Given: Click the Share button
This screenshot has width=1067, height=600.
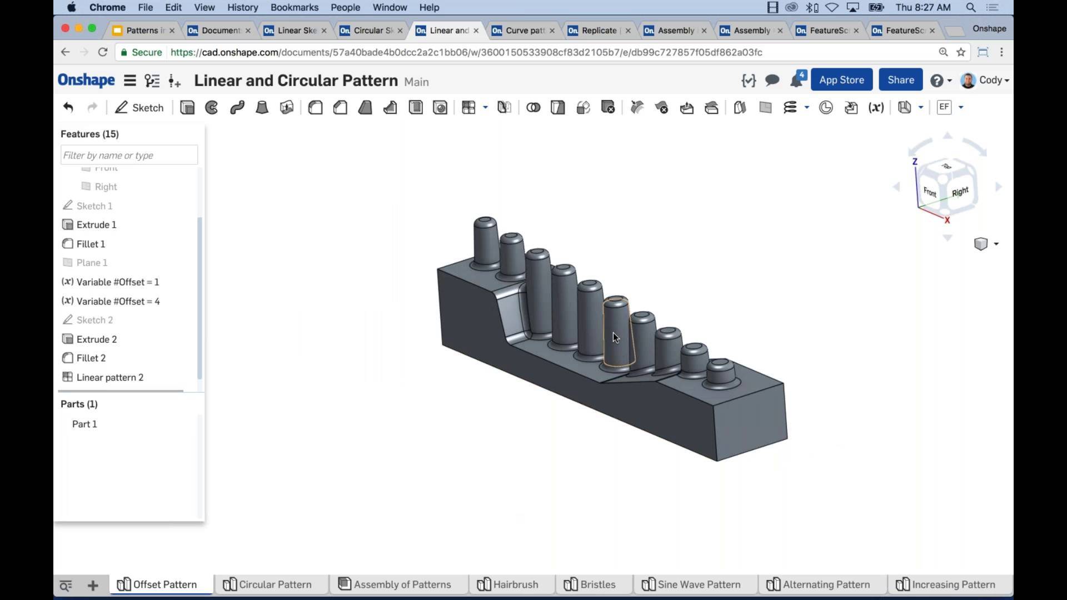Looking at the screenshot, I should pyautogui.click(x=900, y=80).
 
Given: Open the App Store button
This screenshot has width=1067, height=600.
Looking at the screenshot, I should pyautogui.click(x=841, y=80).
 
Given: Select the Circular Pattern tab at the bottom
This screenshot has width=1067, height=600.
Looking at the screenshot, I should pyautogui.click(x=268, y=584).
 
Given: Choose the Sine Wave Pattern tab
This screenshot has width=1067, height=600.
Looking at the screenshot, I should pyautogui.click(x=692, y=584).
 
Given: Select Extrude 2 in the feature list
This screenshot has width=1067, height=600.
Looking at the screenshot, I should pyautogui.click(x=96, y=339).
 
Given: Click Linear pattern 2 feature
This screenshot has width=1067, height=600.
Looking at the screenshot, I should pyautogui.click(x=109, y=377).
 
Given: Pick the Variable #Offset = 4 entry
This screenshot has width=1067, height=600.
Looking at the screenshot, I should pyautogui.click(x=118, y=301).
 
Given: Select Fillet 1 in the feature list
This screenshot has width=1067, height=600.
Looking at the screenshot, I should pyautogui.click(x=91, y=244).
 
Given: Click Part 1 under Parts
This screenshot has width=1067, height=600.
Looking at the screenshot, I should pyautogui.click(x=84, y=424).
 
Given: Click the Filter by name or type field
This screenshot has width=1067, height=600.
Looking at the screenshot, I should pyautogui.click(x=129, y=155).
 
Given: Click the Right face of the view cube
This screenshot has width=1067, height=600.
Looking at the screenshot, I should pyautogui.click(x=960, y=192).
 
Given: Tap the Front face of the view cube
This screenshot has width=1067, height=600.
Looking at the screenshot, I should pyautogui.click(x=930, y=192).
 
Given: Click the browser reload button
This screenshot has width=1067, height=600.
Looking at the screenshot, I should pyautogui.click(x=102, y=52).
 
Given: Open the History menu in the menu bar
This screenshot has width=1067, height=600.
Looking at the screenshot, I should pyautogui.click(x=242, y=7).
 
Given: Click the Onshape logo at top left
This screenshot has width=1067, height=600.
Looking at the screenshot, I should pyautogui.click(x=86, y=80).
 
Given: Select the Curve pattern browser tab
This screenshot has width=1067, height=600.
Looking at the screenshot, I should pyautogui.click(x=523, y=31).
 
